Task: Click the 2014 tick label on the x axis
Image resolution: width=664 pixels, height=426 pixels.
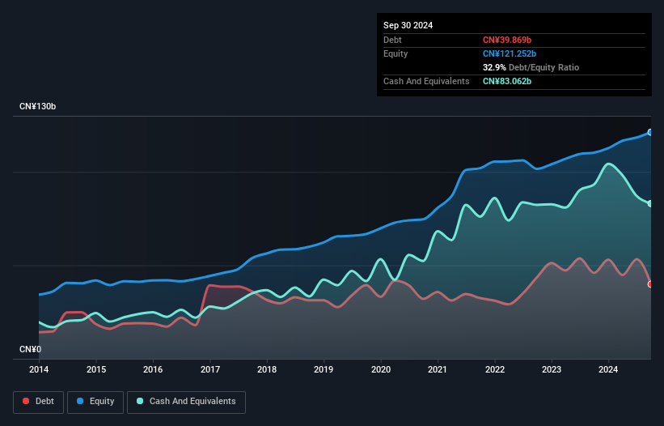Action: [x=39, y=370]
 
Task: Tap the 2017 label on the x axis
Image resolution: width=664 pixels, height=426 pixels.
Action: [x=209, y=370]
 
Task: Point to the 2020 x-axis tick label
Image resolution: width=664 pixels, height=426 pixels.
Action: [x=381, y=370]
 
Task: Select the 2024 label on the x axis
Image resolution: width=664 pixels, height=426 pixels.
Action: [x=608, y=370]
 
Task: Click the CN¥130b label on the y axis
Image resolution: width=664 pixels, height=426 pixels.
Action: [x=39, y=107]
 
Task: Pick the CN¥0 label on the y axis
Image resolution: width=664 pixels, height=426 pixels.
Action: [x=30, y=350]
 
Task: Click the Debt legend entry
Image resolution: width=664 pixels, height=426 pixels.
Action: [x=38, y=401]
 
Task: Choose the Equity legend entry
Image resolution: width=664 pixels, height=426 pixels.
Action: [x=95, y=401]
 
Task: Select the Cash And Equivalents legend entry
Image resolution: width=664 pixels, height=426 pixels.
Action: [x=186, y=401]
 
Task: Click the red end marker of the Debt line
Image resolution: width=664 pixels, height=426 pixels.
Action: [x=650, y=284]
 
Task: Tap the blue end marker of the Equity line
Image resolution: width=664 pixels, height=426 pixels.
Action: [x=650, y=132]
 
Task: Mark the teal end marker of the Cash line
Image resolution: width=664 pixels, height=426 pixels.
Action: [x=650, y=203]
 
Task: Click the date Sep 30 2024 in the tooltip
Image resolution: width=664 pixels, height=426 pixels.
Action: [x=408, y=25]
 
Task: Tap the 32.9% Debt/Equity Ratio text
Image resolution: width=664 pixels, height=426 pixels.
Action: [x=531, y=67]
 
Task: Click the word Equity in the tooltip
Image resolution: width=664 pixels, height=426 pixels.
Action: [x=395, y=53]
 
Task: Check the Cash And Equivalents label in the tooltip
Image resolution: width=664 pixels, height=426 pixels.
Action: [x=426, y=81]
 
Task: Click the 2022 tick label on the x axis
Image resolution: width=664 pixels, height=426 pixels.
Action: [x=494, y=370]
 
